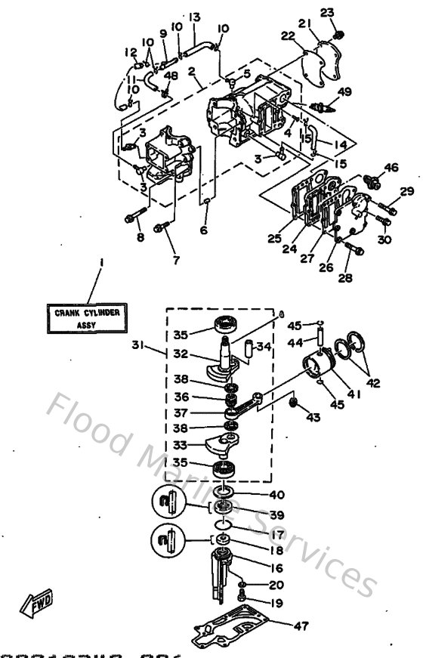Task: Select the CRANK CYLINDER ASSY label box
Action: point(87,317)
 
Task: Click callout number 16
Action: point(277,567)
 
